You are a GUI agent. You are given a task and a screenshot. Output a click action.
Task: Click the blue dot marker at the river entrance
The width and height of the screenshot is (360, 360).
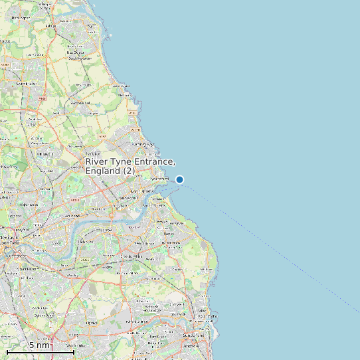tap(179, 179)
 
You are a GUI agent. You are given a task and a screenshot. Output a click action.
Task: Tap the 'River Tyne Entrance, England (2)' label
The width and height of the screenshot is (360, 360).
tap(130, 167)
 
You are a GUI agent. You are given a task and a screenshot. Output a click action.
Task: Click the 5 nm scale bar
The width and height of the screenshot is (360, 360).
tap(40, 350)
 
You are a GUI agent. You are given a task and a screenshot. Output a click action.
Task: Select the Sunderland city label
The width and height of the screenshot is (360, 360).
tap(191, 337)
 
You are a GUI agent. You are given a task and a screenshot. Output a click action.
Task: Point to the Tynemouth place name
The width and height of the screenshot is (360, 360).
tap(160, 179)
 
